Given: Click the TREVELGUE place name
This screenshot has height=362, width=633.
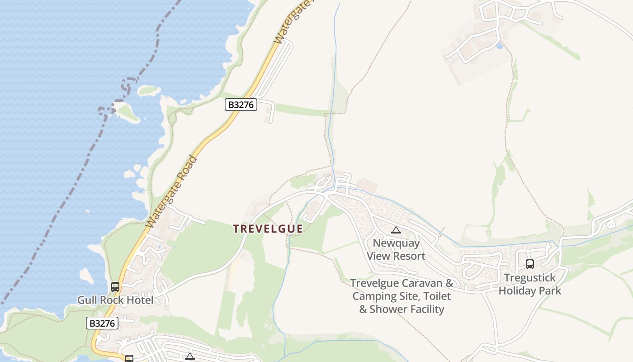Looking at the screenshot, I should click(x=268, y=229).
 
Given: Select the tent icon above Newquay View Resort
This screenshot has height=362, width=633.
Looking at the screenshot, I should click(x=396, y=230).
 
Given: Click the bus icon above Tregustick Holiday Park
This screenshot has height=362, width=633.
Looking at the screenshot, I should click(x=529, y=264).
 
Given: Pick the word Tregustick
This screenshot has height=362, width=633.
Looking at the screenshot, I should click(x=529, y=278).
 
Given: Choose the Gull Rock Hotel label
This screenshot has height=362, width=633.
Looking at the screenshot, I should click(x=115, y=300).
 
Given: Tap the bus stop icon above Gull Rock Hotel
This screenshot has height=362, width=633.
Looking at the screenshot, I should click(x=115, y=286).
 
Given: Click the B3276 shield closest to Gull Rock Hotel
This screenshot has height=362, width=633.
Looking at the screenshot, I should click(x=102, y=323).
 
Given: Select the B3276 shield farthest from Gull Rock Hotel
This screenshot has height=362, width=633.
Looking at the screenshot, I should click(x=241, y=105).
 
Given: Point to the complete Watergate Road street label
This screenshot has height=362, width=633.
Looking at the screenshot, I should click(x=172, y=192).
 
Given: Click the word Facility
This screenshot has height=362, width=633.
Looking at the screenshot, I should click(x=427, y=310).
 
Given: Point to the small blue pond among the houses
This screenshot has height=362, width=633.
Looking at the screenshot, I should click(x=499, y=46).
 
